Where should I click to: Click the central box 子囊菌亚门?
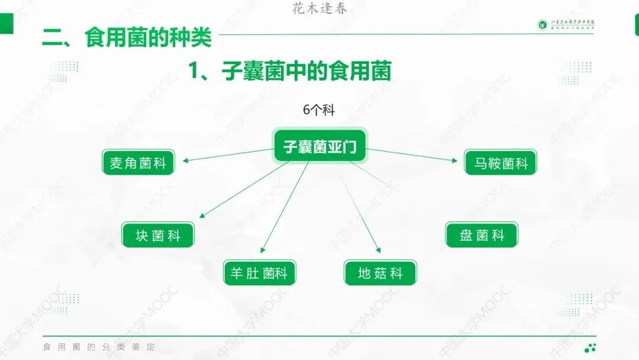pos(319,146)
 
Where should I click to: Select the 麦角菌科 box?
pos(138,162)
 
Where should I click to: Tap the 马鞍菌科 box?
pos(501,162)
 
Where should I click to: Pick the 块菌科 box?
pos(158,235)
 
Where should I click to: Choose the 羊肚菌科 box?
pos(259,273)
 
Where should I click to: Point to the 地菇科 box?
pos(380,273)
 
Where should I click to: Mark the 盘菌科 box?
pos(482,235)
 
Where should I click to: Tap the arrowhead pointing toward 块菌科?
pos(203,215)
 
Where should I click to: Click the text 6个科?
pos(319,110)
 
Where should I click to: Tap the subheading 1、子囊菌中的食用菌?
pos(290,72)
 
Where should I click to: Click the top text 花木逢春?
pos(320,8)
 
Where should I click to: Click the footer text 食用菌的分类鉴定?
pos(99,347)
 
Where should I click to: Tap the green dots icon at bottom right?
pos(590,348)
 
